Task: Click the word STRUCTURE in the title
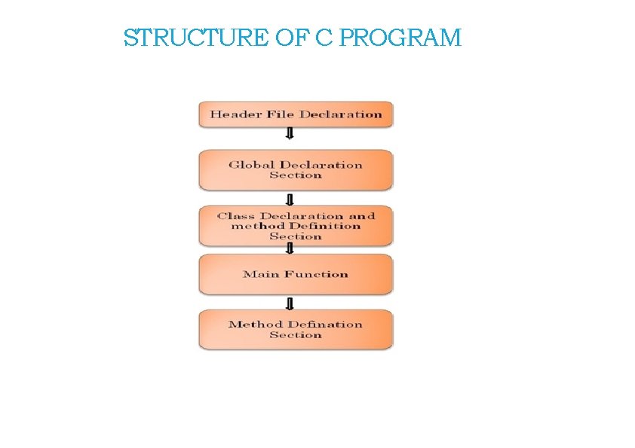(x=195, y=38)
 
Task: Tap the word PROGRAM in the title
(x=400, y=38)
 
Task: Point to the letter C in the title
(x=323, y=38)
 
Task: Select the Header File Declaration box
(x=296, y=114)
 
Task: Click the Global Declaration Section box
(x=296, y=169)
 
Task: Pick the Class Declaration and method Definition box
(x=296, y=226)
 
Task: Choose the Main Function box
(x=296, y=274)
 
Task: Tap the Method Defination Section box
(x=296, y=330)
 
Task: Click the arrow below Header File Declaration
(x=289, y=134)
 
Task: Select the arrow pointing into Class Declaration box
(x=289, y=199)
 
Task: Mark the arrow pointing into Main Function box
(x=289, y=248)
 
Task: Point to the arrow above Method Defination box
(x=289, y=303)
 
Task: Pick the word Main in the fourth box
(x=257, y=274)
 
